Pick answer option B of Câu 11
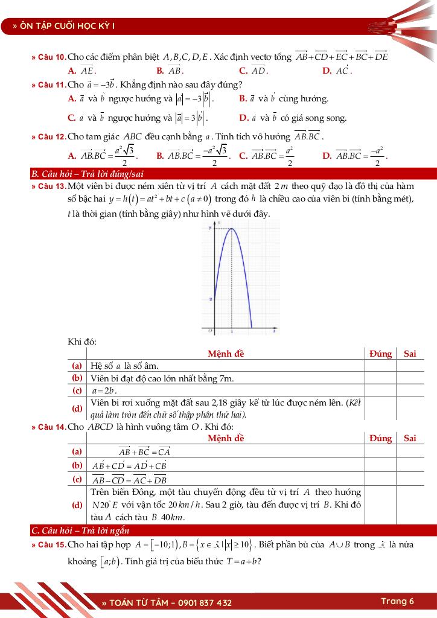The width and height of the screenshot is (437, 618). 284,98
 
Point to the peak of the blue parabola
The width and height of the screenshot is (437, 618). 232,228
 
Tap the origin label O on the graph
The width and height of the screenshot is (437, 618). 210,331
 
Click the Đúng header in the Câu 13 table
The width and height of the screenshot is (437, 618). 380,354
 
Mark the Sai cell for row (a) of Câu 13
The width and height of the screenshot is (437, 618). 410,366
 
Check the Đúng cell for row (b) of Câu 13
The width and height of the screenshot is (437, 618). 380,378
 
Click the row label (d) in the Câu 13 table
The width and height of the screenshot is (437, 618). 77,408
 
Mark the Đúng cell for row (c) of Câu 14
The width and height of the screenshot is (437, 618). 380,479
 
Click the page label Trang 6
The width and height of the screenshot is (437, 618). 397,601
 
